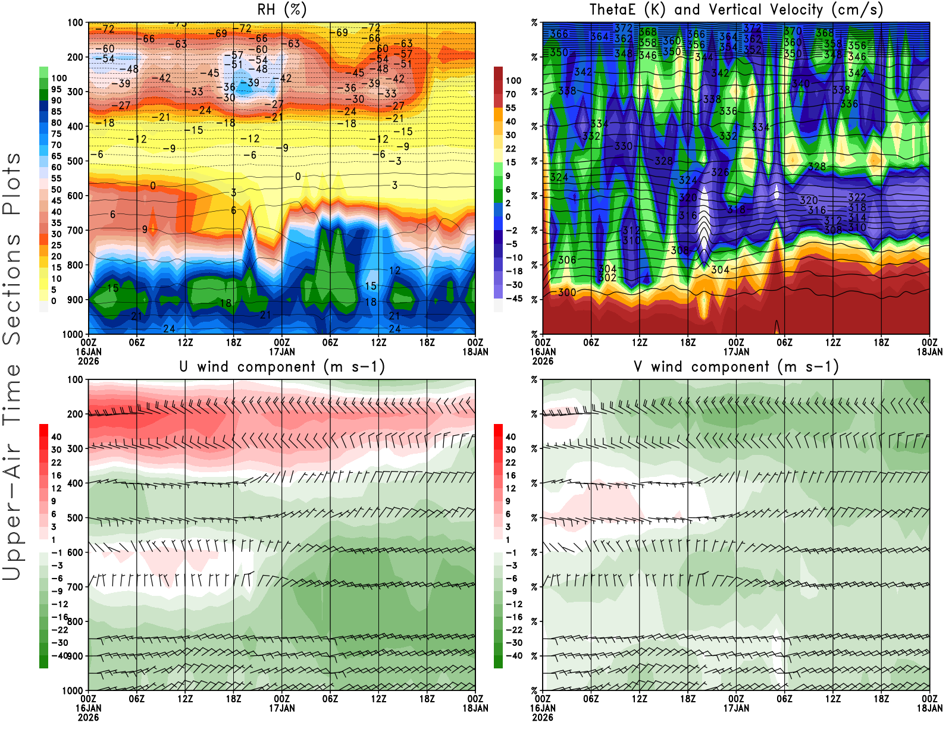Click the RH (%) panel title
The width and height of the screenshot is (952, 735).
[282, 10]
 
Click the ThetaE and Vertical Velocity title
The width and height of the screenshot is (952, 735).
[736, 10]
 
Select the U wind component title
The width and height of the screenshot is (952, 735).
[282, 367]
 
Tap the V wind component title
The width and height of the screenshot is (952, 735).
[736, 367]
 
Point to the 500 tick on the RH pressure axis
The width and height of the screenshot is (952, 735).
[75, 161]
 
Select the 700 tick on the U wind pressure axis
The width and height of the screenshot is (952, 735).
[75, 587]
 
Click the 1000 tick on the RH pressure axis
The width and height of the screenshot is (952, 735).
[73, 334]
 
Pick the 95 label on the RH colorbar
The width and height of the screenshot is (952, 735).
[57, 89]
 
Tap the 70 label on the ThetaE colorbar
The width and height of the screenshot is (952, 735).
[511, 94]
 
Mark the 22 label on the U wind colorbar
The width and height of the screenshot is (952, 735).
[57, 463]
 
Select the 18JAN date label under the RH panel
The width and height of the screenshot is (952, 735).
[475, 352]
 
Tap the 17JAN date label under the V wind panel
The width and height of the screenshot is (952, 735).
[736, 708]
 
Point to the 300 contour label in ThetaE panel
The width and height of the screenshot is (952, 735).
[567, 293]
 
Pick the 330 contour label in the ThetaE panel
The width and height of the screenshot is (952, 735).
[624, 146]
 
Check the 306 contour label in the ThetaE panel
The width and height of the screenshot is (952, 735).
[567, 260]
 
